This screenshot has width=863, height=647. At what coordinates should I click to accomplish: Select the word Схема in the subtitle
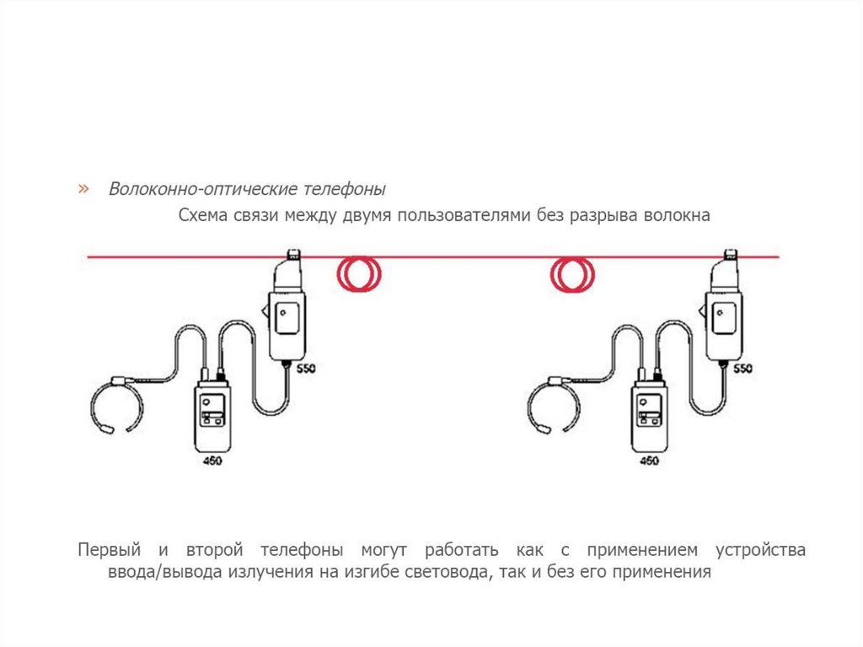(x=201, y=215)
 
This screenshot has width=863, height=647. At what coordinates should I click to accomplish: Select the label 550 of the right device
(x=743, y=369)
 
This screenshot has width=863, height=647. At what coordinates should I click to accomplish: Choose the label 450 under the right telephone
(x=649, y=461)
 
